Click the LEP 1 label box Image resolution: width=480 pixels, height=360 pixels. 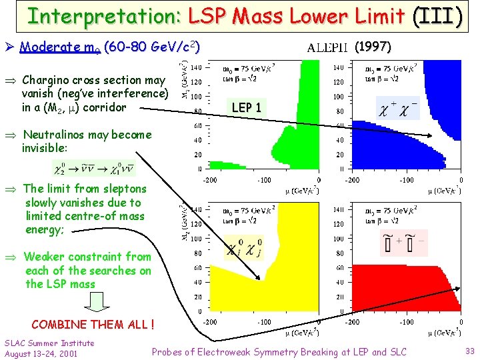tap(246, 107)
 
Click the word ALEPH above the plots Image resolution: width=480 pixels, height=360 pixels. tap(327, 47)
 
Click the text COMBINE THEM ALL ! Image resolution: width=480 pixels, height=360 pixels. tap(93, 325)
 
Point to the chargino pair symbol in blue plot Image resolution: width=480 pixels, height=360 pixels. tap(397, 107)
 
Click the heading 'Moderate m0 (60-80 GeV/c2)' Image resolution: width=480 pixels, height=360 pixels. tap(109, 47)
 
